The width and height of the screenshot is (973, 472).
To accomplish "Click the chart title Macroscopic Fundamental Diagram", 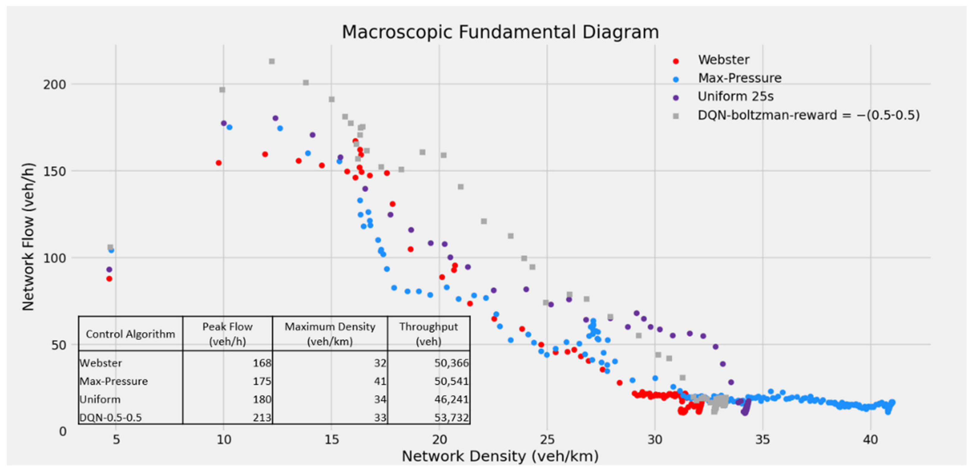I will [500, 32].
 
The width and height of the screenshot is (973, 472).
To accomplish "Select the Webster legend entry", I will [723, 60].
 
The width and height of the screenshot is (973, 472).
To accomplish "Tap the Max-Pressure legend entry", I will [739, 78].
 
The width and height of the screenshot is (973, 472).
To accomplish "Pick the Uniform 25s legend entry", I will [735, 97].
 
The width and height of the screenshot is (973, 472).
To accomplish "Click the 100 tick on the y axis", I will [54, 258].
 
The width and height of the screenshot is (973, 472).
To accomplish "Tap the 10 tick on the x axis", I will [224, 440].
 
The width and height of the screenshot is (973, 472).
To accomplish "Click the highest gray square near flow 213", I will [272, 61].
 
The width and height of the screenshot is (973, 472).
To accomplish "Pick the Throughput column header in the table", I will [428, 334].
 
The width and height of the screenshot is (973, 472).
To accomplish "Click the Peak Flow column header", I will [227, 334].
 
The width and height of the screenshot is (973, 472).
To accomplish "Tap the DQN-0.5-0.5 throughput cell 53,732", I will [451, 418].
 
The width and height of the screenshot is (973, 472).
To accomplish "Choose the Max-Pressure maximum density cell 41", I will [380, 381].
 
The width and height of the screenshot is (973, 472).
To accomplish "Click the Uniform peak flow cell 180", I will [262, 399].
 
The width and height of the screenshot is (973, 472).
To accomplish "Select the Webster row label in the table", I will [101, 363].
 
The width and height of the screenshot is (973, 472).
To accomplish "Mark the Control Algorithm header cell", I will [130, 334].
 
